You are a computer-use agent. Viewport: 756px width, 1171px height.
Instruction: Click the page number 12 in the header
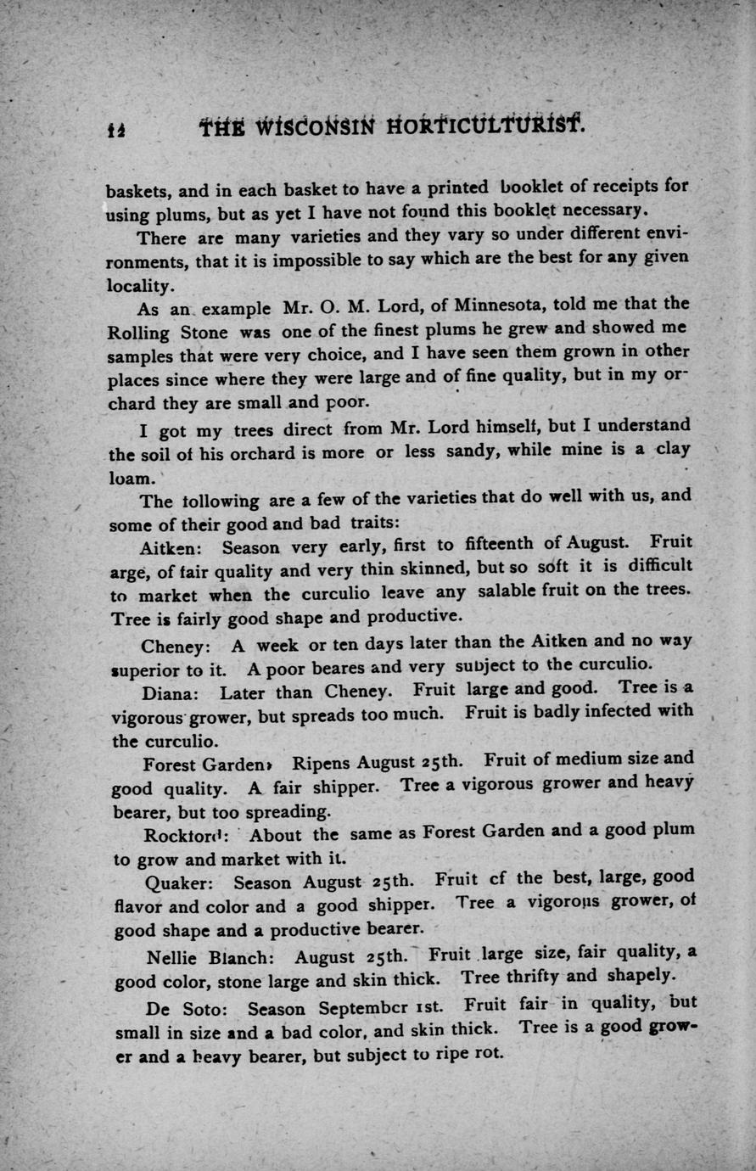[x=116, y=129]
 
